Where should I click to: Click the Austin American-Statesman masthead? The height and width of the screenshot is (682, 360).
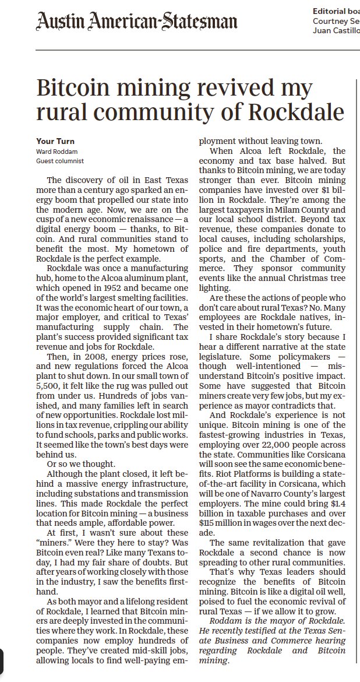pyautogui.click(x=137, y=22)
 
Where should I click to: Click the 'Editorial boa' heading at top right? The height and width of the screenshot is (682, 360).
pyautogui.click(x=336, y=11)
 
